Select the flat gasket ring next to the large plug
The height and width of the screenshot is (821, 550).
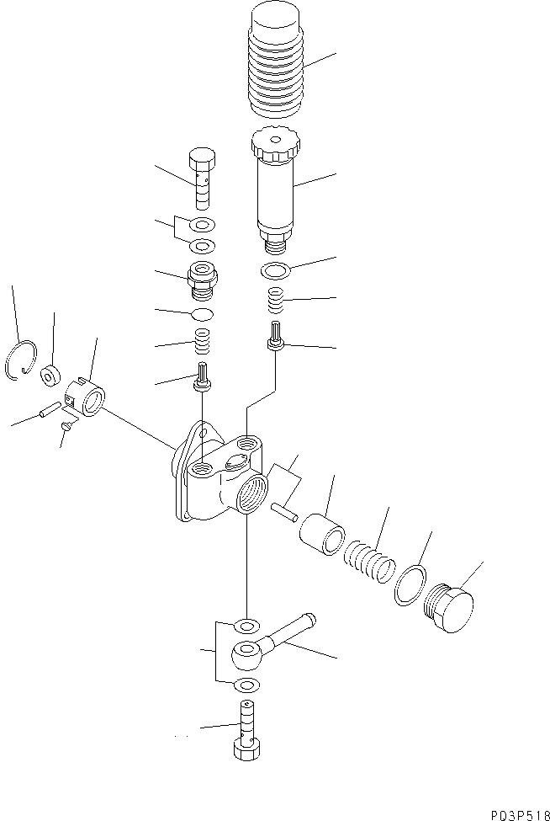409,584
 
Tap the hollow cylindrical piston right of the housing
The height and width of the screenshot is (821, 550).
324,534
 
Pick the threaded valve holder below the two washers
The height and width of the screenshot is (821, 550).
203,279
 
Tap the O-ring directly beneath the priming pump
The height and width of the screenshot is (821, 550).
275,270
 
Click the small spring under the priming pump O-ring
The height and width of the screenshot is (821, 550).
276,297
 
